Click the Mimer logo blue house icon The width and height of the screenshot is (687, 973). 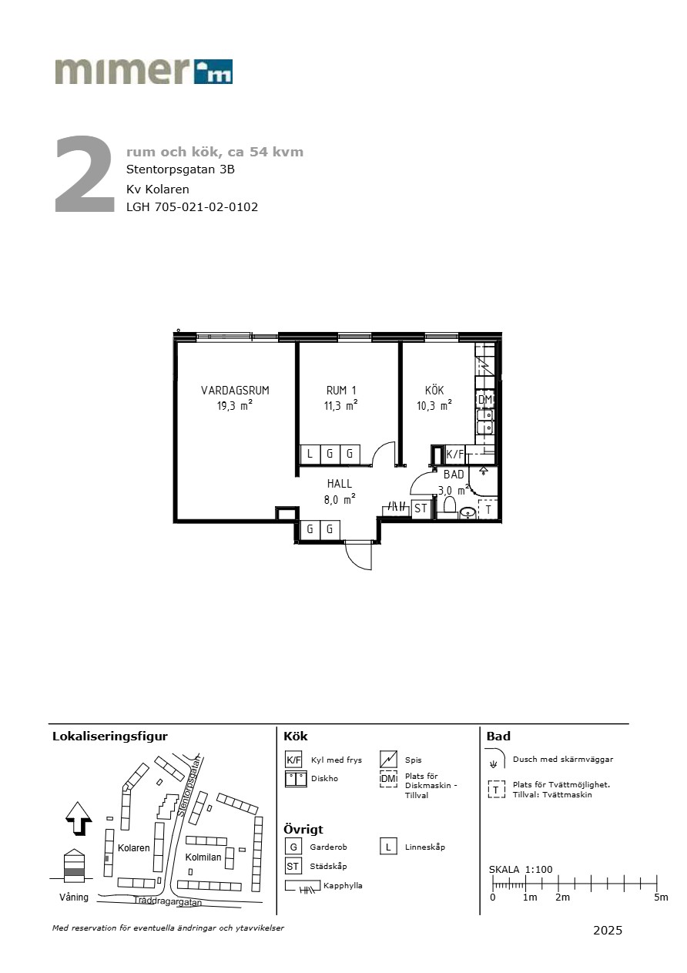click(x=213, y=72)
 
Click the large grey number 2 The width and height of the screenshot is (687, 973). click(x=84, y=174)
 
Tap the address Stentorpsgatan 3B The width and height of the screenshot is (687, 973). click(x=180, y=169)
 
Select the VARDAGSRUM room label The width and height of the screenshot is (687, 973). click(x=235, y=390)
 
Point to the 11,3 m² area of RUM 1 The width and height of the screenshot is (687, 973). click(x=341, y=405)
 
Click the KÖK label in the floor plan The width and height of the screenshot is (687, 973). click(x=434, y=390)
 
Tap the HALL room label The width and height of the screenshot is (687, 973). click(x=339, y=484)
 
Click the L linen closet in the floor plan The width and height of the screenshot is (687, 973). click(x=310, y=455)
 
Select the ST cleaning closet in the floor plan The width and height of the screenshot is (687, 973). click(x=421, y=508)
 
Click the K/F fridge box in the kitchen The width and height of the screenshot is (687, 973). click(x=455, y=455)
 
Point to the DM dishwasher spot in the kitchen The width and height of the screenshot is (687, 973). click(x=485, y=399)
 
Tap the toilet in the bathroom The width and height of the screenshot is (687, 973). click(x=448, y=508)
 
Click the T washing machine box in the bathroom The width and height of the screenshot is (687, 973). click(x=488, y=509)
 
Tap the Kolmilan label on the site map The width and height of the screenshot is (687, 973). click(x=203, y=857)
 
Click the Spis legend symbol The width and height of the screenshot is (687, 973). click(x=388, y=759)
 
